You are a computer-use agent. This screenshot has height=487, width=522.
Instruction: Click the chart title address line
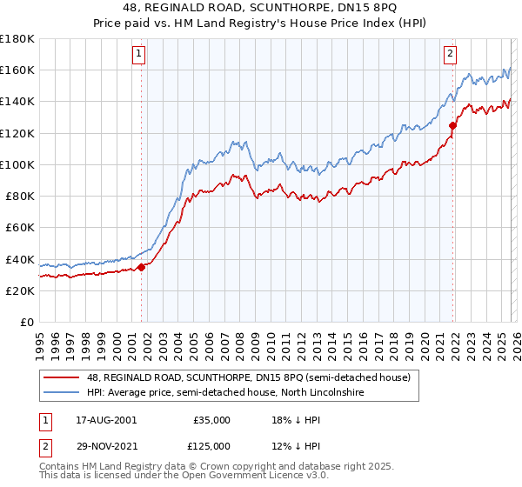[x=262, y=8]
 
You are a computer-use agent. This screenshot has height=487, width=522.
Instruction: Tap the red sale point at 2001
[x=141, y=267]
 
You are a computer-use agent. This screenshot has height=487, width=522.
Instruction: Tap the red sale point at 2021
[x=452, y=126]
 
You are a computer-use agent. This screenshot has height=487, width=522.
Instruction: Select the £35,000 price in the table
[x=211, y=420]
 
